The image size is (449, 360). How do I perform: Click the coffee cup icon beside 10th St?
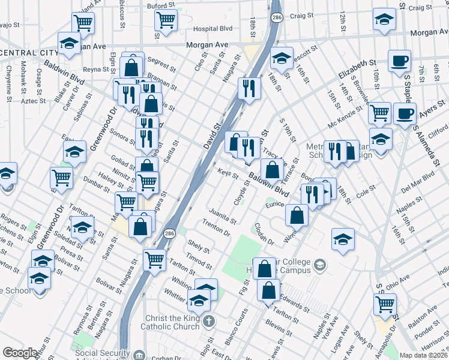[x=399, y=61]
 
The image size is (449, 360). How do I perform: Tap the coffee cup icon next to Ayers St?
[x=405, y=113]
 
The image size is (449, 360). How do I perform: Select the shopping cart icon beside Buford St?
[x=166, y=20]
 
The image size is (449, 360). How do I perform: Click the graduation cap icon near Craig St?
[x=384, y=20]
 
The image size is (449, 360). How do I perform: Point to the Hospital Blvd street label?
[x=212, y=28]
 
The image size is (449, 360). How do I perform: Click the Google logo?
[x=20, y=353]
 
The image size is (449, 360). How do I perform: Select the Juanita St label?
[x=220, y=213]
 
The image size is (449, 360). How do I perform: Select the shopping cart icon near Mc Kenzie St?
[x=379, y=112]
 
